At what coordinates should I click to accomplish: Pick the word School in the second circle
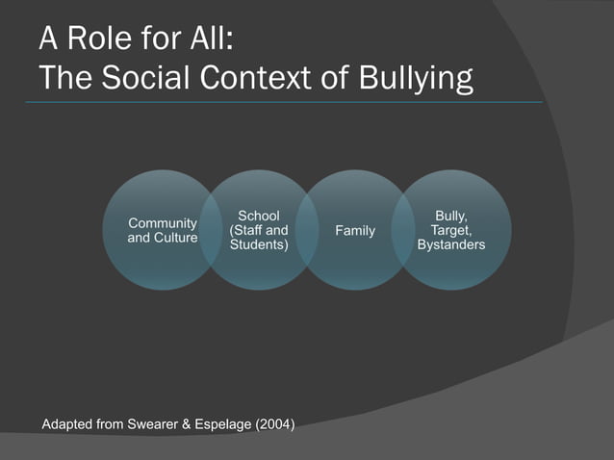(258, 217)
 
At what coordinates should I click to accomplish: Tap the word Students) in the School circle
(258, 245)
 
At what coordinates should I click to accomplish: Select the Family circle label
(354, 231)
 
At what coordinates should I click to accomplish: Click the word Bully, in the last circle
(450, 217)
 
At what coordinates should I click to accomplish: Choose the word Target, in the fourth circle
(450, 231)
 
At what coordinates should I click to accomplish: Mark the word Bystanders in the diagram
(450, 245)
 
